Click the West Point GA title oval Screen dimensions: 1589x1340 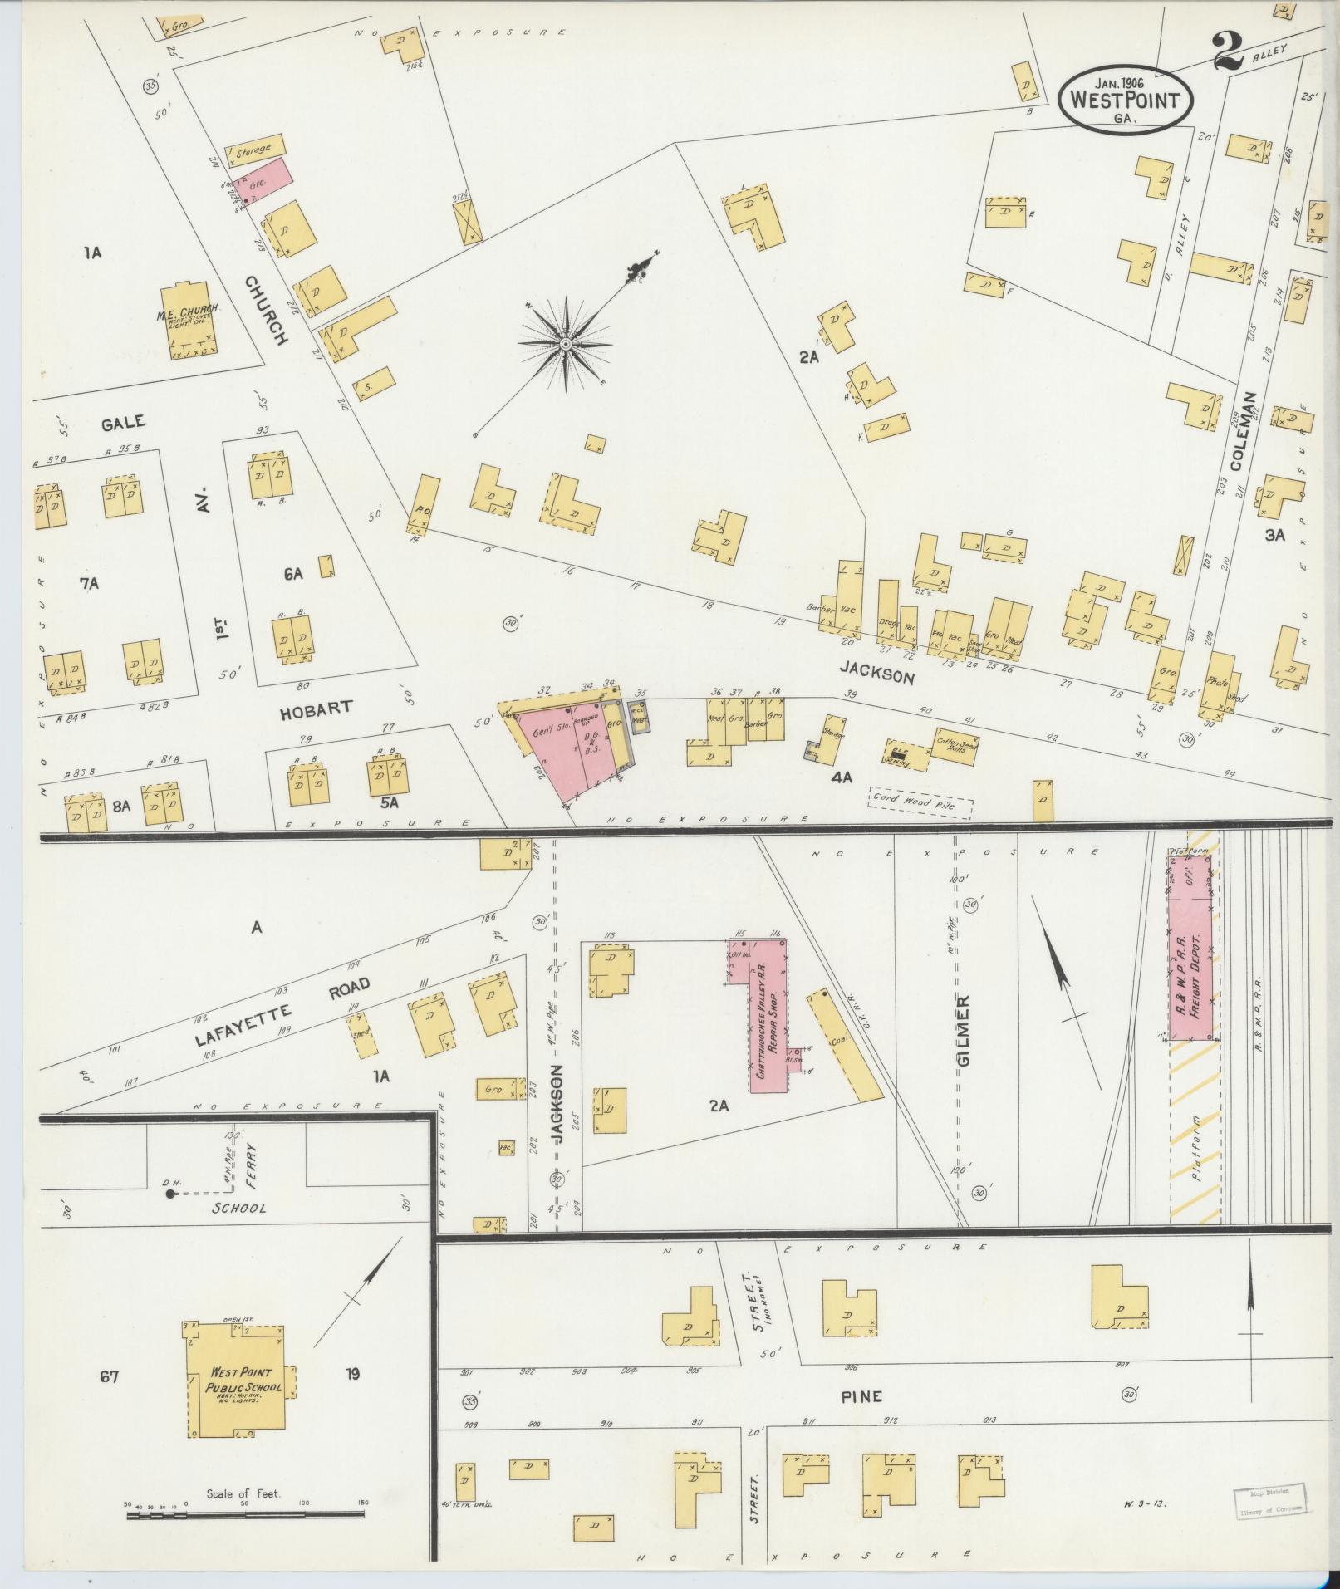pyautogui.click(x=1126, y=98)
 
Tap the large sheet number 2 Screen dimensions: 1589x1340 pyautogui.click(x=1228, y=51)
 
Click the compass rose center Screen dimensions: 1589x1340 pyautogui.click(x=566, y=343)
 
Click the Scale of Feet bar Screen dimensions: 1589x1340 pyautogui.click(x=245, y=1515)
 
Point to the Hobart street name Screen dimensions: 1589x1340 pyautogui.click(x=317, y=709)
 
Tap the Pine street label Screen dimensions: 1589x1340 pyautogui.click(x=862, y=1396)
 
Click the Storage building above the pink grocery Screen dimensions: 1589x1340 pyautogui.click(x=252, y=150)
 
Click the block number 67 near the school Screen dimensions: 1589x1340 pyautogui.click(x=110, y=1377)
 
